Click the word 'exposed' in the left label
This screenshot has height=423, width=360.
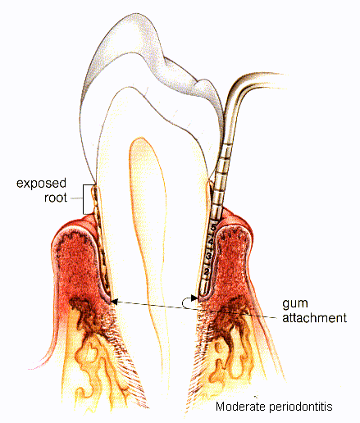point(41,183)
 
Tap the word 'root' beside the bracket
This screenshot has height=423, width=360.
point(56,198)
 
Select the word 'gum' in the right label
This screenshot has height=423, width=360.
point(295,304)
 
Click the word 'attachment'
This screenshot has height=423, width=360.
point(314,318)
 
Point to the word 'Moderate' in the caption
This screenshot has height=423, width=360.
point(241,407)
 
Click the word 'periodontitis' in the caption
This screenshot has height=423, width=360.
point(301,407)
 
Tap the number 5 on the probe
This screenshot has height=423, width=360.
point(213,227)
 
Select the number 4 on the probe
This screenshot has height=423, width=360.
point(211,242)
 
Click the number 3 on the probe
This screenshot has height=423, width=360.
point(209,256)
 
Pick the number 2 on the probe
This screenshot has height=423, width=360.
point(207,272)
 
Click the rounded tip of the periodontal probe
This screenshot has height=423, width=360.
point(203,294)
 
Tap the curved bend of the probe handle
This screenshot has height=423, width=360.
point(239,88)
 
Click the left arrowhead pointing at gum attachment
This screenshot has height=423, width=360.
point(114,302)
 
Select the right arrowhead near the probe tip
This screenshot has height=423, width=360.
point(194,298)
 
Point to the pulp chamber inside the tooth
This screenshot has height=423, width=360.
point(148,219)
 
